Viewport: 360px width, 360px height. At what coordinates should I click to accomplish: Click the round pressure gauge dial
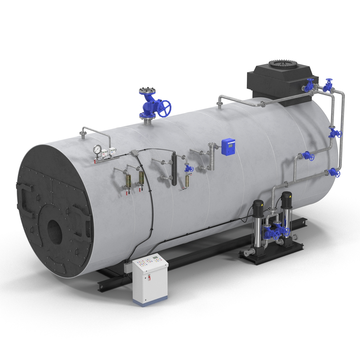(97, 149)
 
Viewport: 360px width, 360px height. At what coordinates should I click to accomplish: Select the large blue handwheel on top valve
(164, 109)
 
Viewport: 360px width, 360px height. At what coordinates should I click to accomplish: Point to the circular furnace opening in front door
(55, 232)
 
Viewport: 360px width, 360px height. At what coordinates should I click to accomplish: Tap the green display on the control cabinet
(155, 257)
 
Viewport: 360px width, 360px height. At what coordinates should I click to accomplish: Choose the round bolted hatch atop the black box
(282, 64)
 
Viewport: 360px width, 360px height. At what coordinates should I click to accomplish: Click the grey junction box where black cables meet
(134, 153)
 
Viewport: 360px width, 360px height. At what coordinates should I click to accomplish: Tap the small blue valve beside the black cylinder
(189, 169)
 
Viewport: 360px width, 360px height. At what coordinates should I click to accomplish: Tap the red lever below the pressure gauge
(96, 162)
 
